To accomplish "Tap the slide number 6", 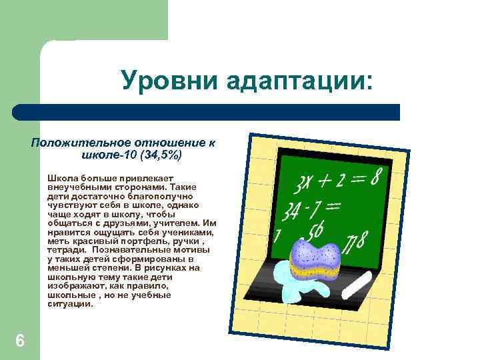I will tap(20, 341).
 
